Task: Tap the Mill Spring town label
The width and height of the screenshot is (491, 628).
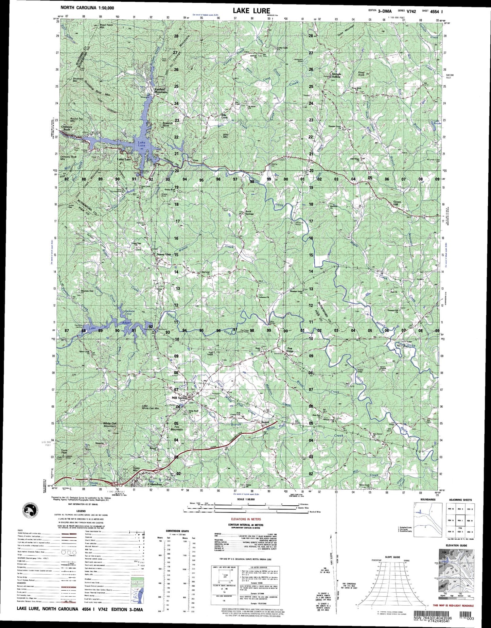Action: pos(180,398)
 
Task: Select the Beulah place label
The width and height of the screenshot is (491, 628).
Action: pos(265,422)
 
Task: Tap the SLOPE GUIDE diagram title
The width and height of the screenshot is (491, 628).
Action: pos(386,557)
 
